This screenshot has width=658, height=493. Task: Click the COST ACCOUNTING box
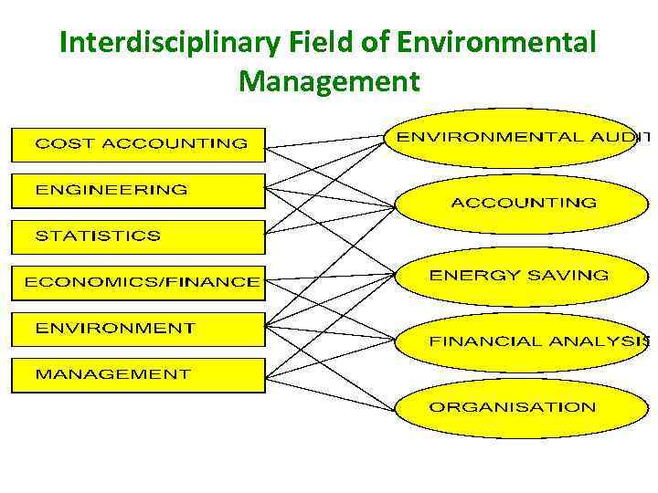click(x=138, y=144)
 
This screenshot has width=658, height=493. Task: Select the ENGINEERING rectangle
click(x=138, y=191)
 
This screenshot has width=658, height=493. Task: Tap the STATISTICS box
click(x=138, y=236)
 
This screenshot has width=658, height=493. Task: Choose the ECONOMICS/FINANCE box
click(x=138, y=282)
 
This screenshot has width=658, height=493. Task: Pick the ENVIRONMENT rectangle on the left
click(x=138, y=328)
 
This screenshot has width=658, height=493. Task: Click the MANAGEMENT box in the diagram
click(x=138, y=374)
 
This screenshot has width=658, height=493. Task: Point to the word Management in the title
click(x=329, y=82)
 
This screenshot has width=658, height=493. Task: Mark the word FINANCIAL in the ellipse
click(x=485, y=342)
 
